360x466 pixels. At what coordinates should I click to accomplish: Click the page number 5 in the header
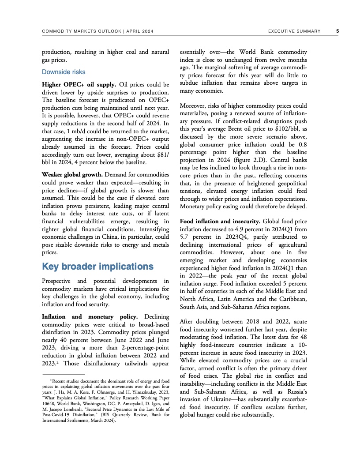point(337,31)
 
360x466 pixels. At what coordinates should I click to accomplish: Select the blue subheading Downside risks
point(64,72)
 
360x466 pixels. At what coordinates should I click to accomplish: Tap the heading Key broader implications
point(97,267)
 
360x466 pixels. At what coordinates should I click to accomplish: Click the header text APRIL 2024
point(140,31)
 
